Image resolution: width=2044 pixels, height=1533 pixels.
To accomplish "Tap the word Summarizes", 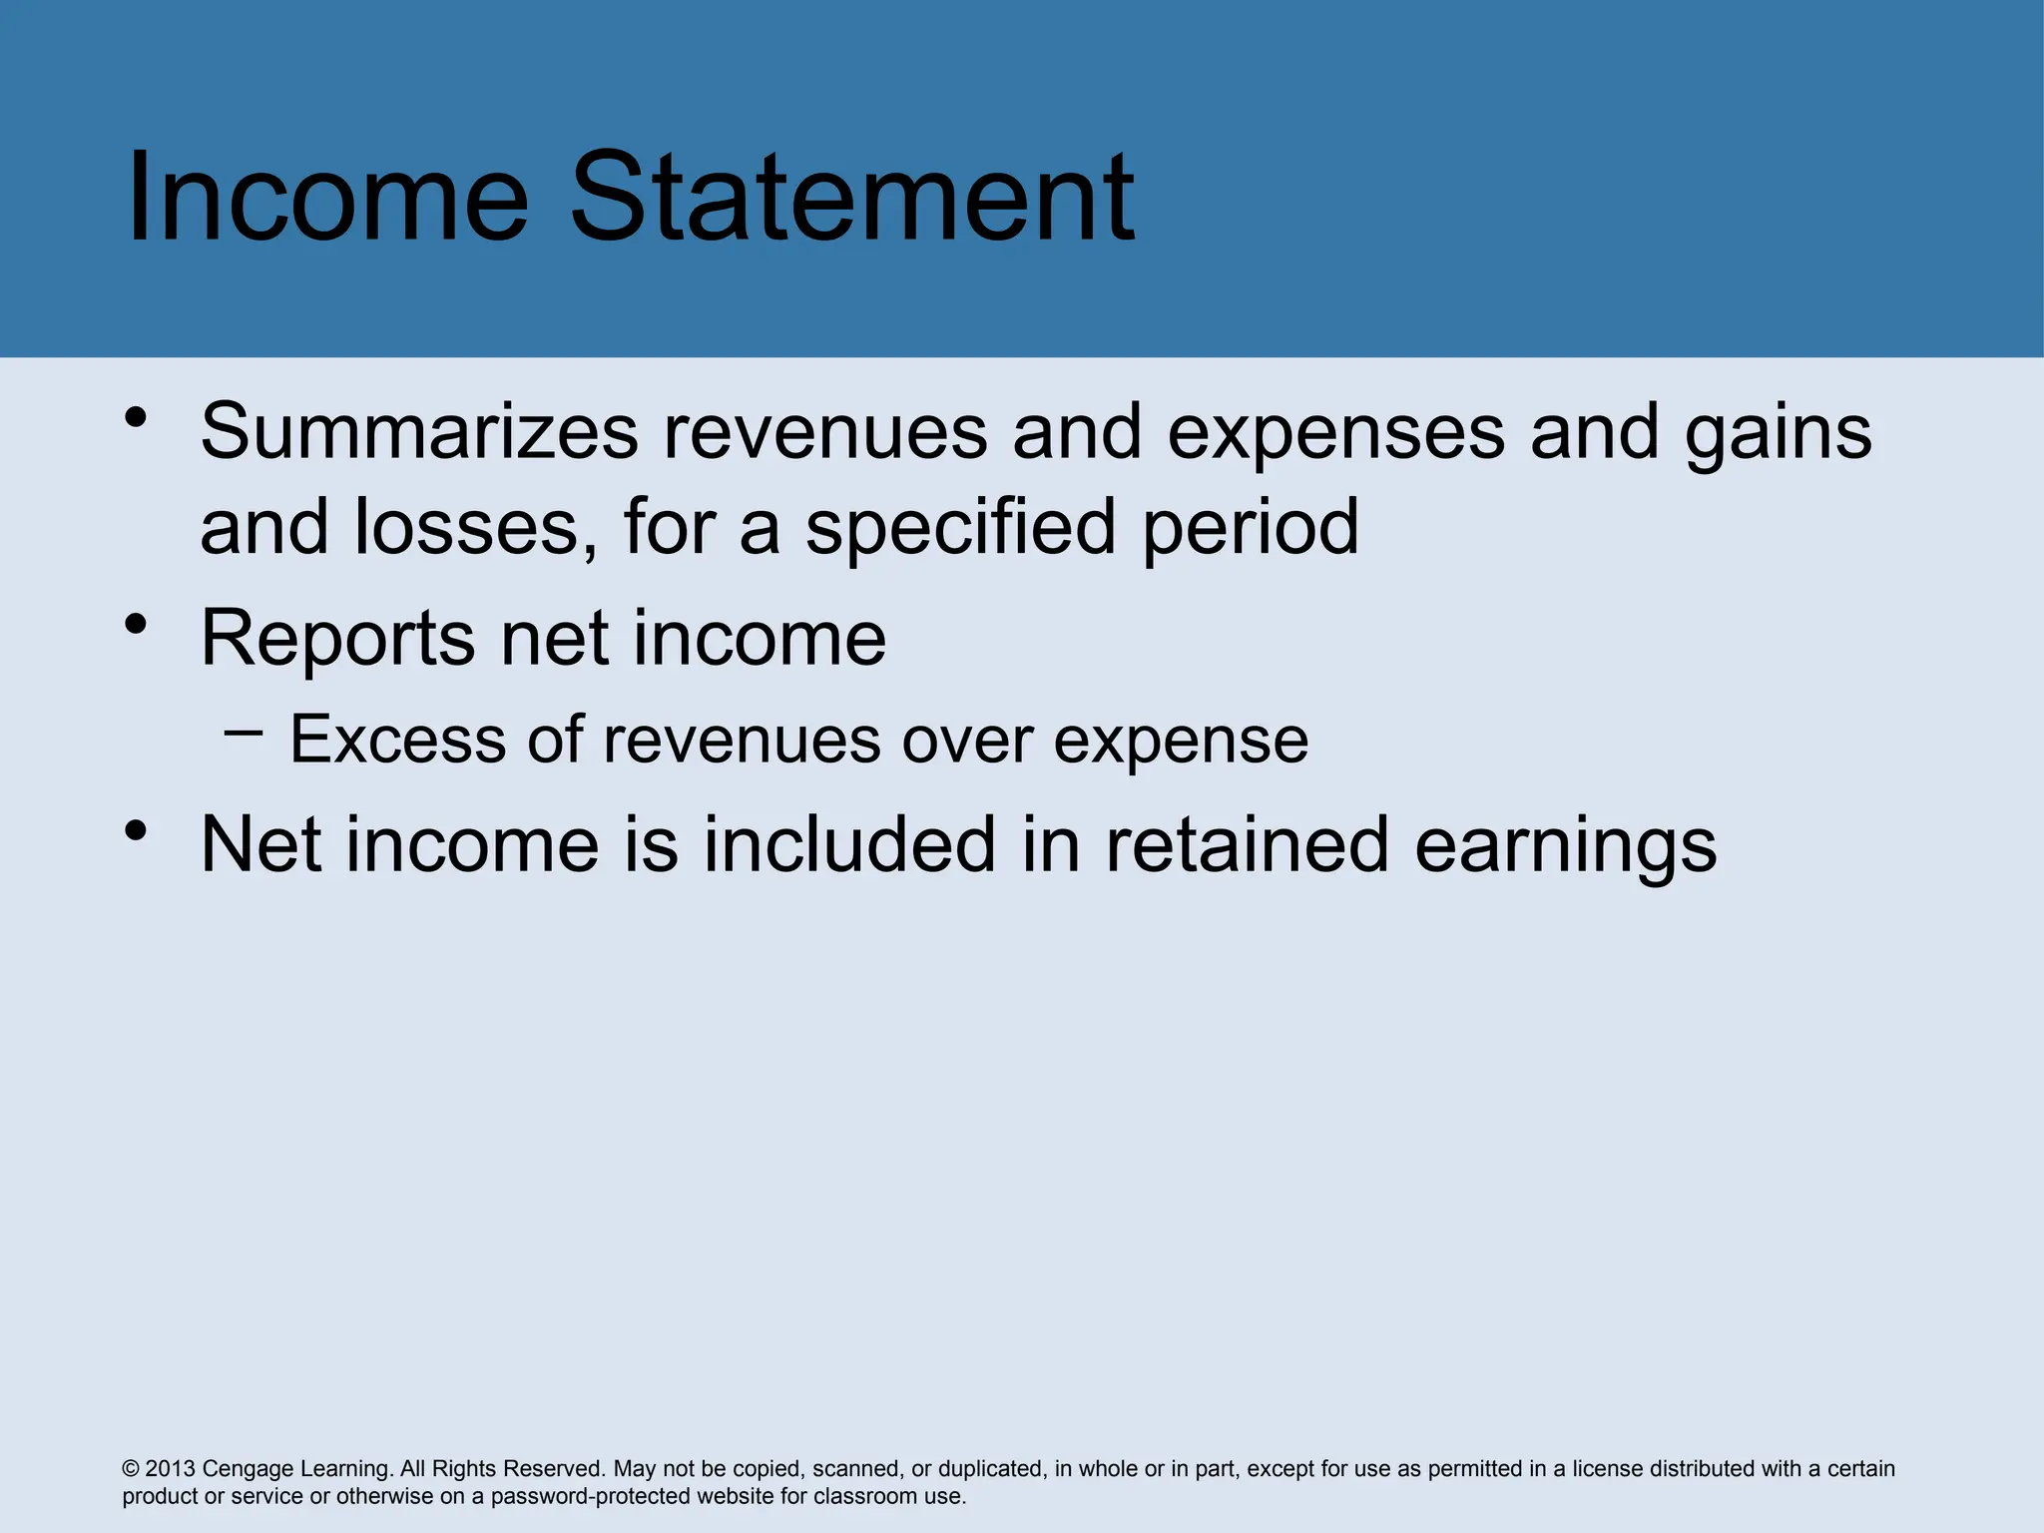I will tap(419, 432).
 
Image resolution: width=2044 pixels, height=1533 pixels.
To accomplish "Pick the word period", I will tap(1251, 529).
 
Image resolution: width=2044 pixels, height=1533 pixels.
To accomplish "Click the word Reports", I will tap(338, 640).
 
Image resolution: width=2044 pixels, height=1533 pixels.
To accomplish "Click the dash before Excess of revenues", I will tap(245, 734).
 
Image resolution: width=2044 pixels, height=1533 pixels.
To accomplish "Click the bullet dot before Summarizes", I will tap(137, 416).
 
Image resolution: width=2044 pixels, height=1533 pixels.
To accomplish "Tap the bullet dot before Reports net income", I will tap(137, 624).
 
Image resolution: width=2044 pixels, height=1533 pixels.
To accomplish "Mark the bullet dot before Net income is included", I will tap(137, 830).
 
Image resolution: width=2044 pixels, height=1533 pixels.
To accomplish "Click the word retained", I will tap(1247, 845).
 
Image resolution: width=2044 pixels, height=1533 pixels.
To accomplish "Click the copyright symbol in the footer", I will tap(131, 1469).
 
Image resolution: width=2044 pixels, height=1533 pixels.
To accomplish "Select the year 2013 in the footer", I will tap(171, 1469).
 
